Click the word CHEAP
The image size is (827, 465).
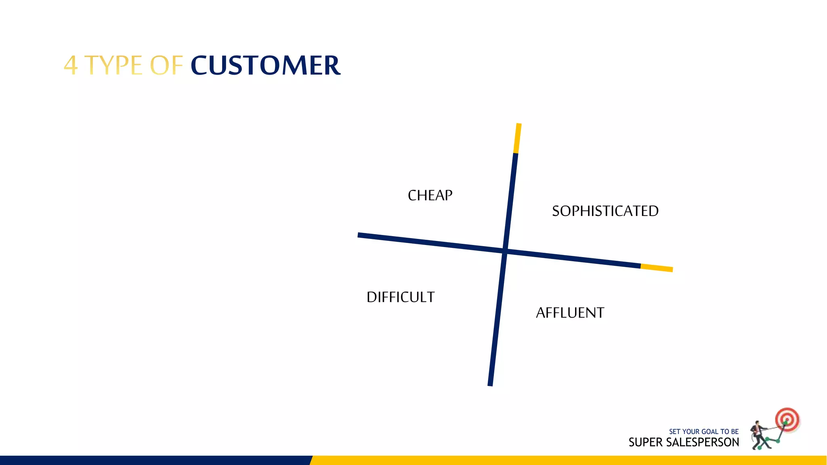[430, 195]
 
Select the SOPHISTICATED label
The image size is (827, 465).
[605, 211]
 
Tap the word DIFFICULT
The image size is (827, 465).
[400, 297]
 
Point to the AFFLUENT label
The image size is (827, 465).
[570, 313]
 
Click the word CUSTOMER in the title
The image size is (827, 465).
[265, 65]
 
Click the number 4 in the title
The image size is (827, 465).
[71, 65]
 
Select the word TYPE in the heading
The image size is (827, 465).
[113, 65]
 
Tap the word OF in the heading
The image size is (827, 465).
[166, 65]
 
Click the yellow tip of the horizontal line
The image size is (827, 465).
[657, 268]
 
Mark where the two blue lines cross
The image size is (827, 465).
[505, 251]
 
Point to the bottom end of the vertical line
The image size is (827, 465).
[490, 383]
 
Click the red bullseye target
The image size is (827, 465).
[787, 419]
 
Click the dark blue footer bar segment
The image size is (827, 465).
[153, 460]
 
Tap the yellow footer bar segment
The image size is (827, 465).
[565, 460]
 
